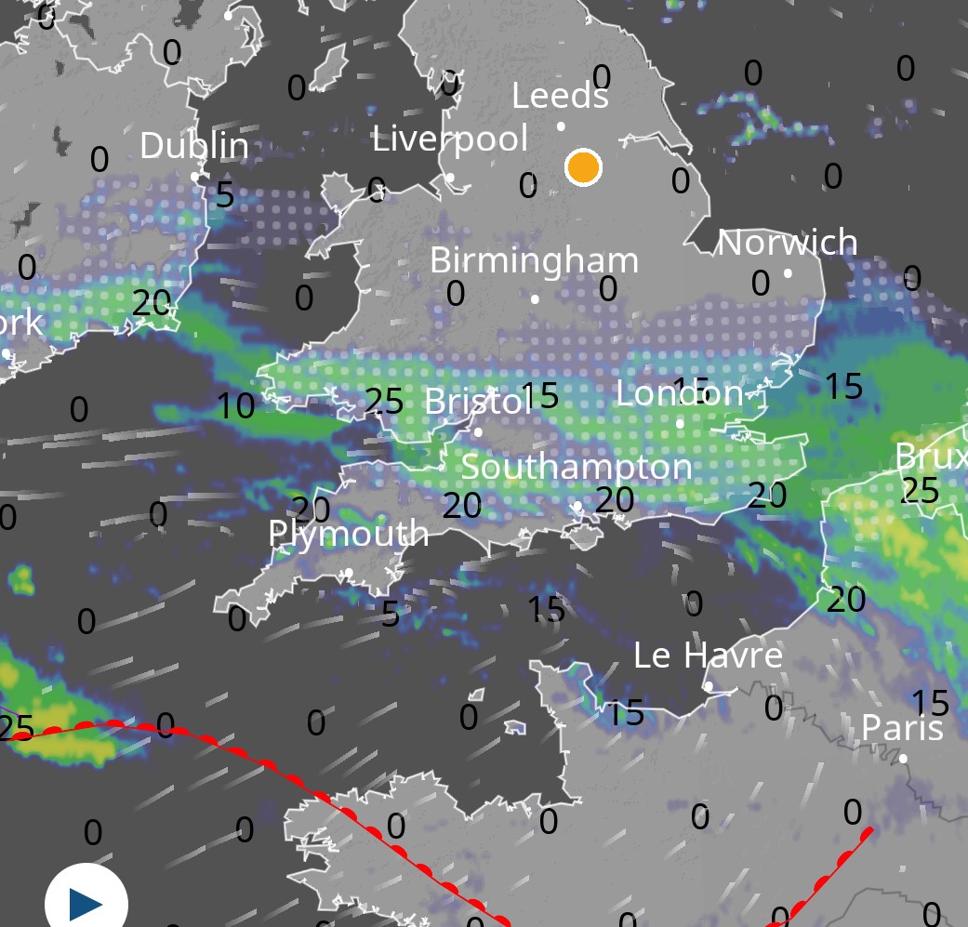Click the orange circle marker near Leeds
pyautogui.click(x=584, y=167)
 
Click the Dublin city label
pyautogui.click(x=194, y=146)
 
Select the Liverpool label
pyautogui.click(x=450, y=139)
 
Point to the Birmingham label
pyautogui.click(x=534, y=260)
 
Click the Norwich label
pyautogui.click(x=788, y=243)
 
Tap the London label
pyautogui.click(x=680, y=393)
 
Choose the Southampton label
pyautogui.click(x=577, y=467)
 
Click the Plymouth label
pyautogui.click(x=349, y=534)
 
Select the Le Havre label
pyautogui.click(x=708, y=656)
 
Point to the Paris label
pyautogui.click(x=902, y=727)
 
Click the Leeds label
pyautogui.click(x=561, y=96)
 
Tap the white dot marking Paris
pyautogui.click(x=903, y=759)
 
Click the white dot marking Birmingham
pyautogui.click(x=535, y=298)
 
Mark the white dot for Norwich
pyautogui.click(x=788, y=273)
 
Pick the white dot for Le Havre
pyautogui.click(x=709, y=686)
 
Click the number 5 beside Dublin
pyautogui.click(x=225, y=195)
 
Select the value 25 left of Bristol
pyautogui.click(x=384, y=401)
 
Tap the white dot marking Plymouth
pyautogui.click(x=349, y=573)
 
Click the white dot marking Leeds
pyautogui.click(x=561, y=126)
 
